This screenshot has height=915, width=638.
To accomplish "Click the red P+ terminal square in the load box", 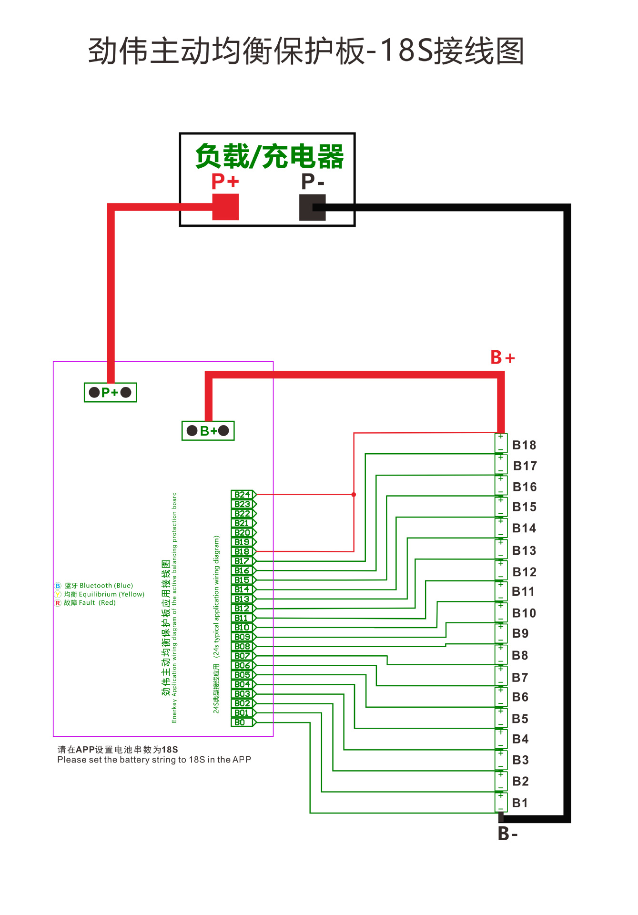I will pos(225,207).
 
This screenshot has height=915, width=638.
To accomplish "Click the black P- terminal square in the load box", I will pos(312,207).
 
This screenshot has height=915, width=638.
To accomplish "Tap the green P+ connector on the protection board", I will pos(110,392).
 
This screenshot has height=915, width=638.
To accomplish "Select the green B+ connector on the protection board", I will pos(208,431).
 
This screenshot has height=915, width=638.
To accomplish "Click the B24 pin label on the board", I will pos(242,495).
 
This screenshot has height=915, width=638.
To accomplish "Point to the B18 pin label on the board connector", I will pos(242,551).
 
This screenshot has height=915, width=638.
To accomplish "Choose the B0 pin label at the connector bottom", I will pos(240,722).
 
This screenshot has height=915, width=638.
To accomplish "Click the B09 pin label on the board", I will pos(242,637).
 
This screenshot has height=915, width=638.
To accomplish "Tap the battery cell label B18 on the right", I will pos(524,445).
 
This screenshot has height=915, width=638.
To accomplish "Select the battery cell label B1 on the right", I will pos(520,803).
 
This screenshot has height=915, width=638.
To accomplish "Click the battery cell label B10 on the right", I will pos(524,613).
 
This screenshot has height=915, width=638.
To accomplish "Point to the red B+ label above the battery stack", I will pos(503,357).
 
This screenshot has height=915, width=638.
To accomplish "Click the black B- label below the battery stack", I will pos(507,834).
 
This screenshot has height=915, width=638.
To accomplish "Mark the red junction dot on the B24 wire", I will pos(354,495).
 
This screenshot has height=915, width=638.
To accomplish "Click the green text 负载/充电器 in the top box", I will pos(269,156).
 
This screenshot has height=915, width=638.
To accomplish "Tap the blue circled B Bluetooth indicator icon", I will pos(58,586).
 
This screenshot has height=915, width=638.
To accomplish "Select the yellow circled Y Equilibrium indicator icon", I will pos(58,594).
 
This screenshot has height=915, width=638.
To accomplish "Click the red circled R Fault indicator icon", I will pos(58,603).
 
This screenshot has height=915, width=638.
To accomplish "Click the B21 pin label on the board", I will pos(242,523).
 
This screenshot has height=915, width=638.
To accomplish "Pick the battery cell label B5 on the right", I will pos(520,719).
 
